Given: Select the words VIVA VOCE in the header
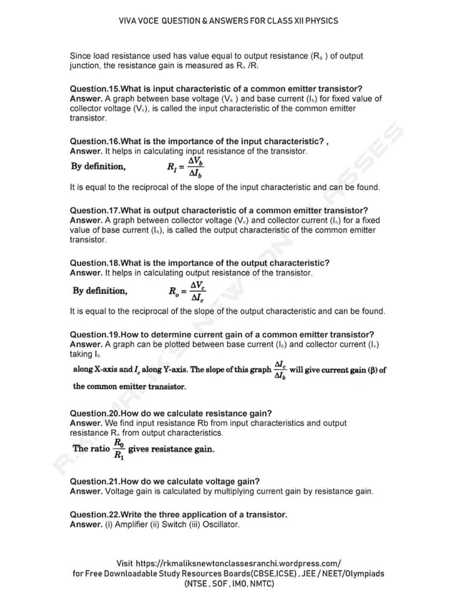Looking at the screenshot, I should click(140, 21).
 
